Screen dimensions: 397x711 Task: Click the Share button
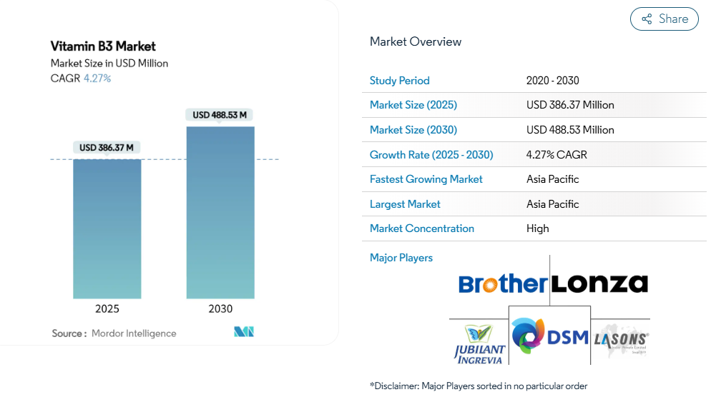664,19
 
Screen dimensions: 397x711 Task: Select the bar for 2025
107,228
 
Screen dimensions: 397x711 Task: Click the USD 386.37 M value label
107,148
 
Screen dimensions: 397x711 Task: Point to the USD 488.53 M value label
220,115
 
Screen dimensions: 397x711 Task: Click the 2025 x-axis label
107,309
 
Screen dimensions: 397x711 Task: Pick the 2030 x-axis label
220,309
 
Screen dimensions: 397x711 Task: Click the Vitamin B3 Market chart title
103,46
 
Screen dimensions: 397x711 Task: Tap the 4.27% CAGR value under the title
97,79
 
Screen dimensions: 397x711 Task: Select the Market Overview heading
416,41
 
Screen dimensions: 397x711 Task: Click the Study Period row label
400,81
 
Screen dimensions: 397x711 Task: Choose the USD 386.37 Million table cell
570,105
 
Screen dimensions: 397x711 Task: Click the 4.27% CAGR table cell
556,154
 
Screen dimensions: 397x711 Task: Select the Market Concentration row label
422,228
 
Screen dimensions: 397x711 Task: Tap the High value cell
538,228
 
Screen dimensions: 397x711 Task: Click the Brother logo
502,284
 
